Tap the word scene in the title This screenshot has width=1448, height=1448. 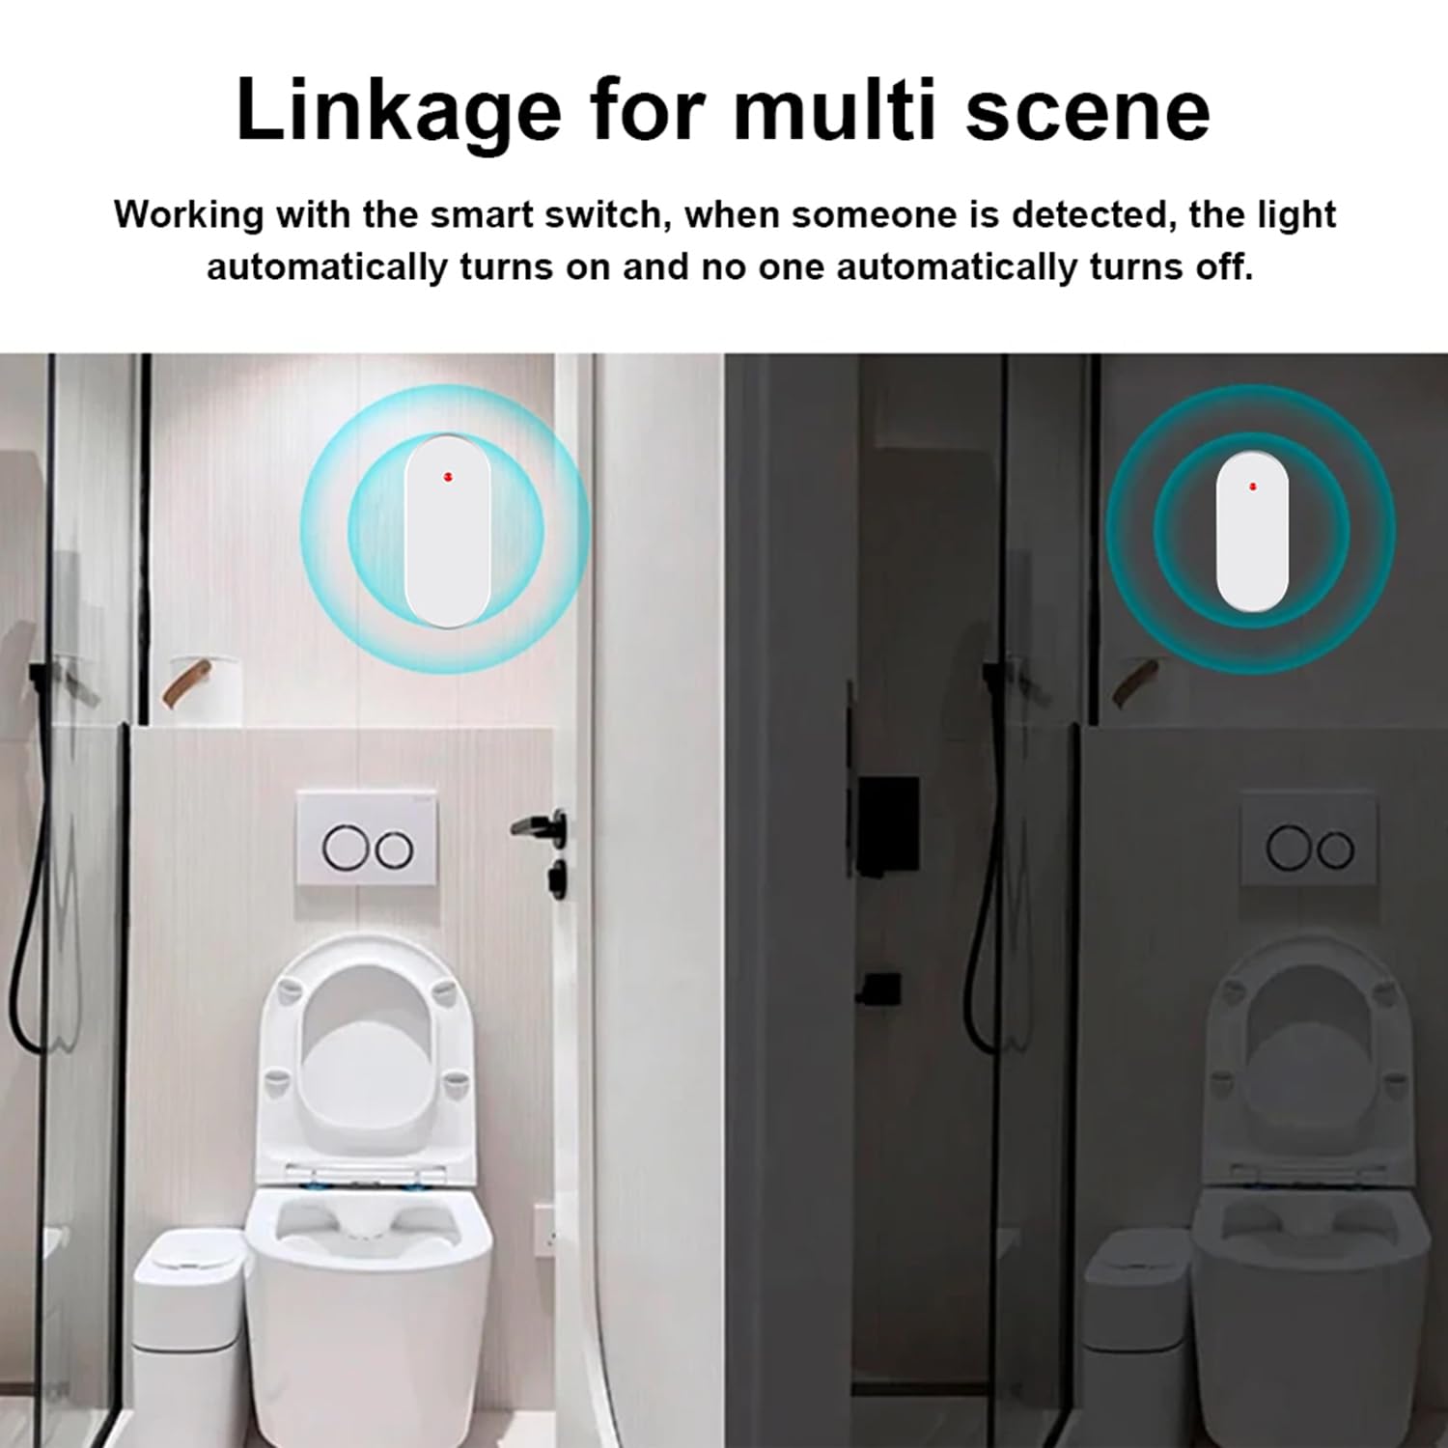tap(1087, 111)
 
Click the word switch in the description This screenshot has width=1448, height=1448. tap(612, 214)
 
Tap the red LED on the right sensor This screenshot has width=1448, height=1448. tap(1252, 486)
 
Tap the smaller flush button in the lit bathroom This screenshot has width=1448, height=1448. tap(394, 849)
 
